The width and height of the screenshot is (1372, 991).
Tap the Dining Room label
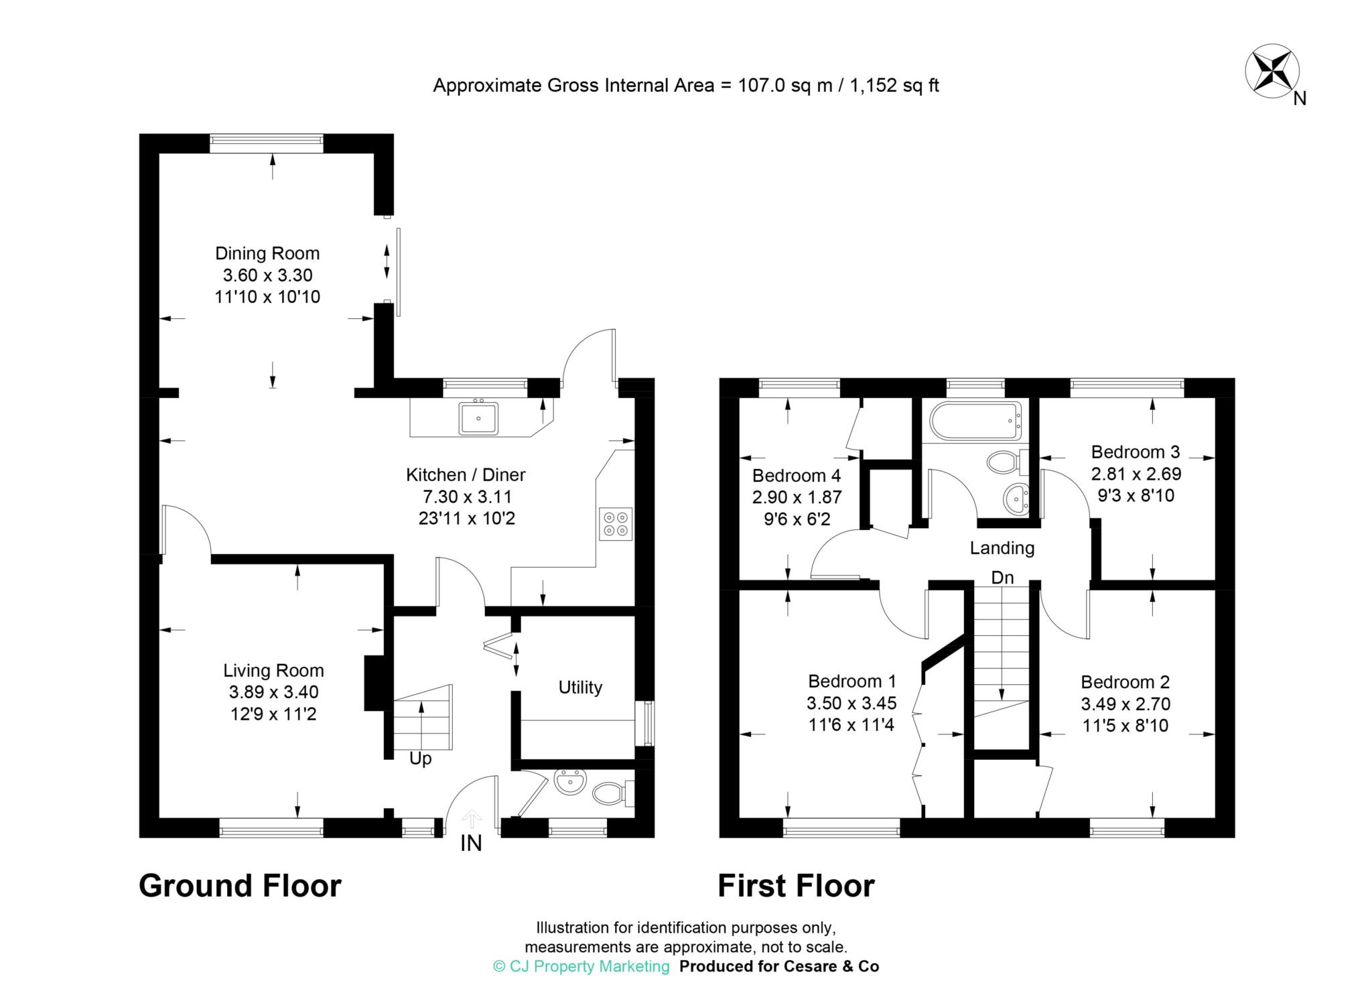(x=267, y=253)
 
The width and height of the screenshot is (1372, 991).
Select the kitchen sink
(x=479, y=418)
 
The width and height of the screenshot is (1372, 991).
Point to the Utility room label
(x=580, y=687)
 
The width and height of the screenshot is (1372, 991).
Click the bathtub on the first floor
(x=976, y=421)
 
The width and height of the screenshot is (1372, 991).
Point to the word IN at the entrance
(x=471, y=844)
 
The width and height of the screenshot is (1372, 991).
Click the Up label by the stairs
(x=421, y=758)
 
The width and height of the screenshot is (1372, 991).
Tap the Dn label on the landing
(x=1002, y=578)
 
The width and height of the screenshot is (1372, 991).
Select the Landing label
(x=1002, y=548)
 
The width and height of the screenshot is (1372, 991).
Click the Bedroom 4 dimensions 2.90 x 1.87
(x=797, y=497)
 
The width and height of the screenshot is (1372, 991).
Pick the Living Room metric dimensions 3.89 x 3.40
(x=273, y=692)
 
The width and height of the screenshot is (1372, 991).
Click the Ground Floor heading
(x=240, y=886)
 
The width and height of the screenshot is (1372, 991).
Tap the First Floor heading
(x=796, y=886)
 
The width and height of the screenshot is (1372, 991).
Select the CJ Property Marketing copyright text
(x=581, y=966)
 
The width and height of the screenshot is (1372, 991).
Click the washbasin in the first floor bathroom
(x=1017, y=499)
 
